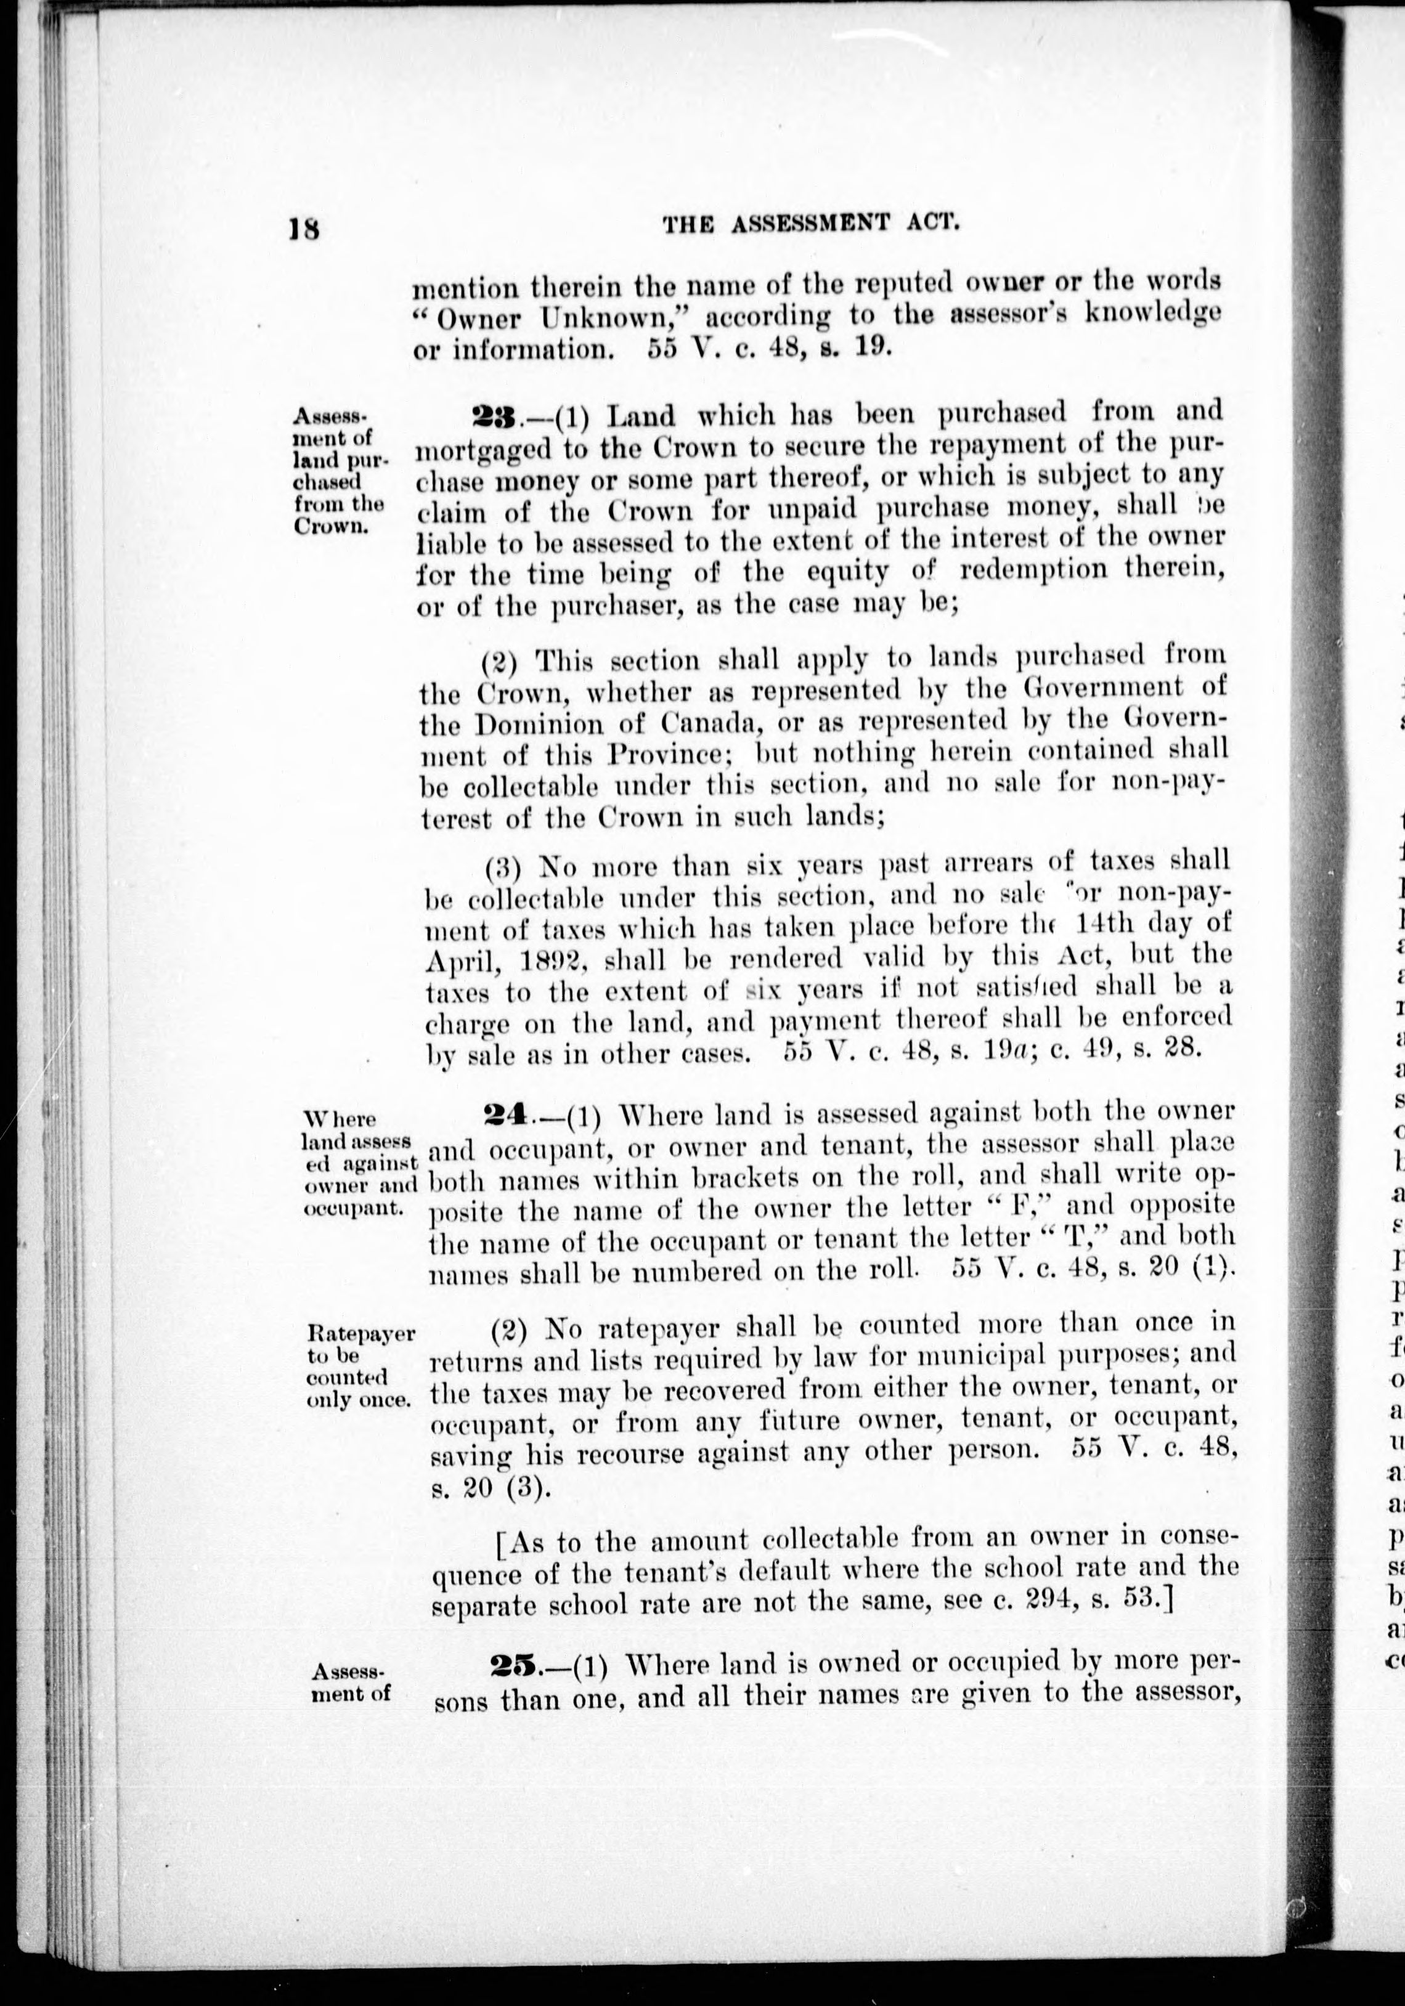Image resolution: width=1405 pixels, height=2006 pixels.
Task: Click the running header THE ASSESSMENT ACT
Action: [812, 224]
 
